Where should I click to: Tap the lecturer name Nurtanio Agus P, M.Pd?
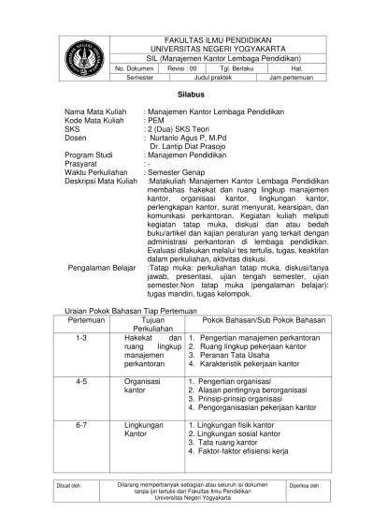[195, 137]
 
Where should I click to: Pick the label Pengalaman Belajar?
[107, 240]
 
